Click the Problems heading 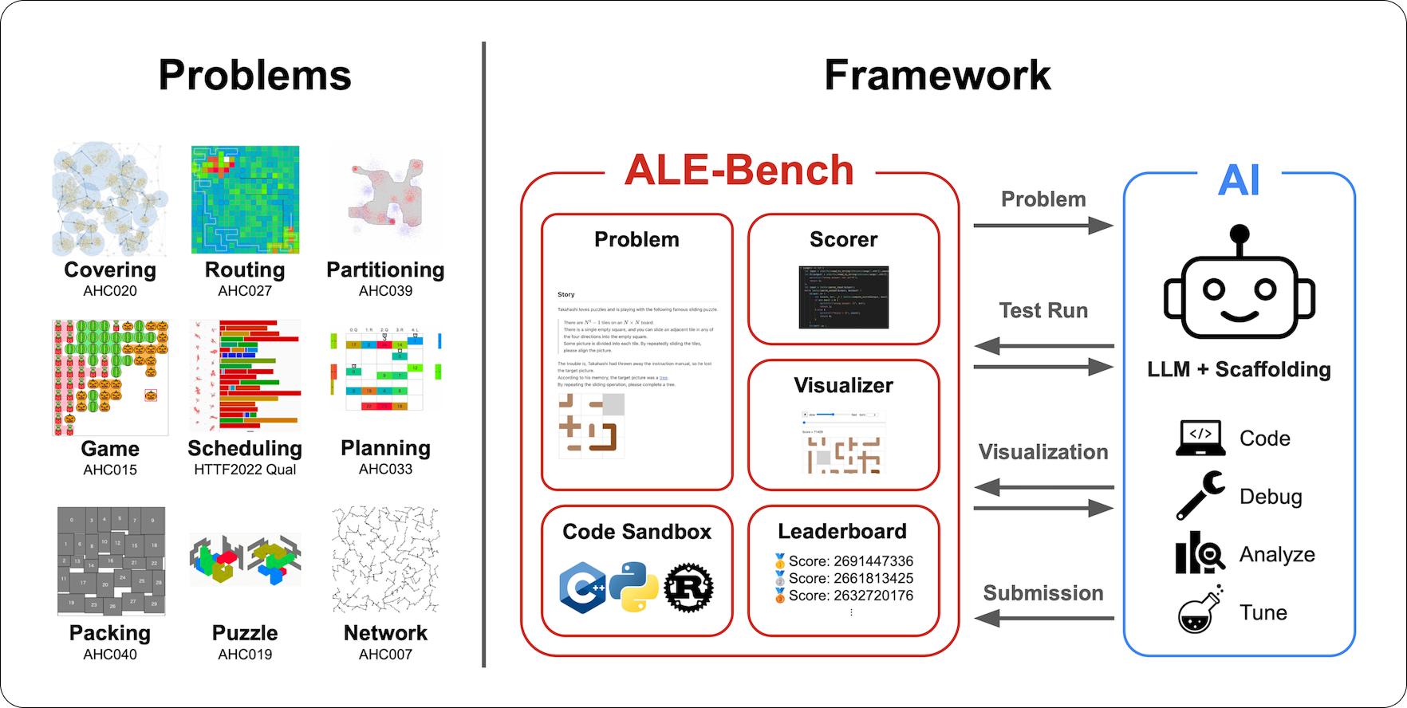pos(254,76)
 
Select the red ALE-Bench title pos(739,170)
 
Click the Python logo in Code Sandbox pos(634,587)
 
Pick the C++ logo pos(582,588)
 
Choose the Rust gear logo pos(688,588)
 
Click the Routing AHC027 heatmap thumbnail pos(245,199)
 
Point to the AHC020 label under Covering pos(110,291)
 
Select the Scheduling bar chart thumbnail pos(245,376)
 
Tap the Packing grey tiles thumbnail pos(111,561)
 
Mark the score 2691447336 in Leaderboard pos(851,561)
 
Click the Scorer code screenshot pos(843,297)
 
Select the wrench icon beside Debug pos(1200,495)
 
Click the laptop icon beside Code pos(1200,438)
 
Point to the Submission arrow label pos(1043,593)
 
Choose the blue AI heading pos(1239,180)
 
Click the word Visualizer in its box pos(843,386)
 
